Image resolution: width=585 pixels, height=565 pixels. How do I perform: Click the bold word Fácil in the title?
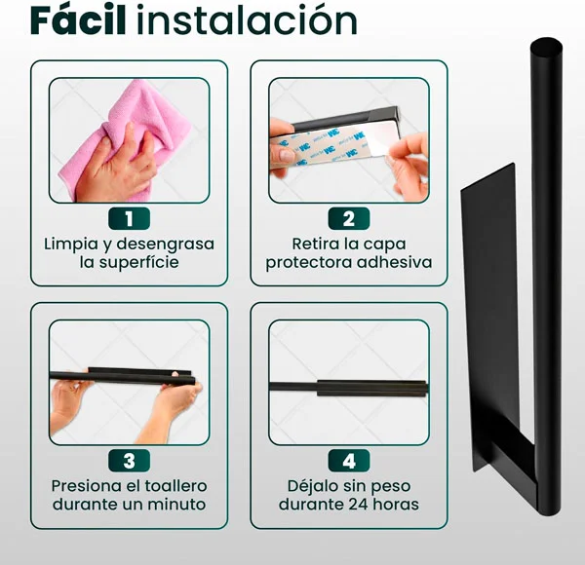tap(78, 20)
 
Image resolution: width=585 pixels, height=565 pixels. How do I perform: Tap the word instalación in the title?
tap(247, 20)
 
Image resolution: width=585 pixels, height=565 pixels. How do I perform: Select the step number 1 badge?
tap(129, 219)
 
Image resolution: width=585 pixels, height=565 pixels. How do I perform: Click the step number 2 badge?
tap(349, 219)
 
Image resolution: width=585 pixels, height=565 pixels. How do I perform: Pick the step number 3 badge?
tap(129, 461)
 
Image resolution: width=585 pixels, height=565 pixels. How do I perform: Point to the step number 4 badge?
tap(349, 461)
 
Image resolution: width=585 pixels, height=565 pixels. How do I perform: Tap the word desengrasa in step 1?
tap(166, 245)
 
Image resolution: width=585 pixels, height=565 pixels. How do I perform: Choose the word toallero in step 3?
tap(175, 486)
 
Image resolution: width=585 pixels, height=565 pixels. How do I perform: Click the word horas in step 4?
tap(396, 505)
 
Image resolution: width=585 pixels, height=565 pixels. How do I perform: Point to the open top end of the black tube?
tap(546, 48)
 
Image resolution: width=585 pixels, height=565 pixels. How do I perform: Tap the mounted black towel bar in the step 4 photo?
tap(349, 389)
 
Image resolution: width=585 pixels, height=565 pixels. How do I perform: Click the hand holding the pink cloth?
tap(116, 164)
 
